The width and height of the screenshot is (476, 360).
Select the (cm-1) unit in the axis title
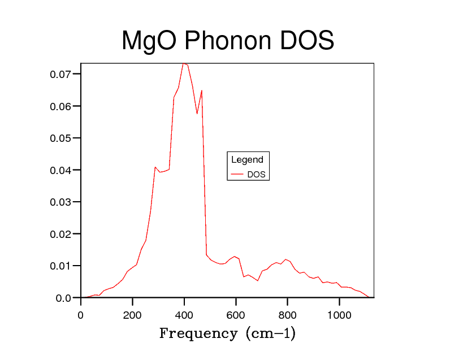tap(271, 333)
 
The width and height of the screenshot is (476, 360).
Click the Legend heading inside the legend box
tap(247, 160)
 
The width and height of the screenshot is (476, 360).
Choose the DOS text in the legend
tap(256, 175)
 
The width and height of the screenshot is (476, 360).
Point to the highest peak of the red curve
tap(184, 64)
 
